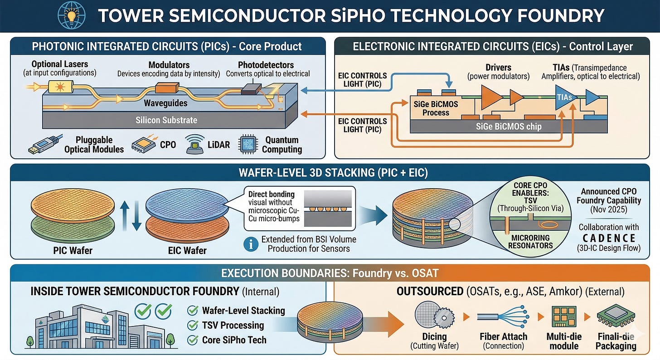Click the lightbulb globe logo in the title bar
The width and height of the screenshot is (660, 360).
coord(72,15)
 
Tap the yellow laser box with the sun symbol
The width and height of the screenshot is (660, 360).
coord(60,87)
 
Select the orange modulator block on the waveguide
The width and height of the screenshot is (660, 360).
coord(167,88)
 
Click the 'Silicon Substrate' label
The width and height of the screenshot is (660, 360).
coord(166,120)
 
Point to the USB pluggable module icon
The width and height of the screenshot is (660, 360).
coord(45,144)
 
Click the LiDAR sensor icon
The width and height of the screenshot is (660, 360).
coord(195,144)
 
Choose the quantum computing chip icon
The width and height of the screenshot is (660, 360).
coord(248,144)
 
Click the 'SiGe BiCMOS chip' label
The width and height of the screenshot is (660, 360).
coord(509,126)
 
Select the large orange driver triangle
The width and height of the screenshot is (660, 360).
coord(491,97)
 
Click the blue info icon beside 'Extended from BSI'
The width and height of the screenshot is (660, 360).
coord(251,244)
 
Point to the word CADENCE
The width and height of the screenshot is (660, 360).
coord(609,238)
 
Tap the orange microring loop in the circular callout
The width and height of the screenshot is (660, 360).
coord(548,225)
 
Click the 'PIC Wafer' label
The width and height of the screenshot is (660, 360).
coord(73,250)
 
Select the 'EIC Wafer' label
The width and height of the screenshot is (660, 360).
coord(187,250)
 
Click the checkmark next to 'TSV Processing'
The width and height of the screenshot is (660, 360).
coord(193,325)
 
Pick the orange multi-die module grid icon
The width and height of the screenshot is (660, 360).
coord(564,316)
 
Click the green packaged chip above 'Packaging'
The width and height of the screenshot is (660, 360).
coord(616,315)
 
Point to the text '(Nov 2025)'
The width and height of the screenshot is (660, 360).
coord(609,209)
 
